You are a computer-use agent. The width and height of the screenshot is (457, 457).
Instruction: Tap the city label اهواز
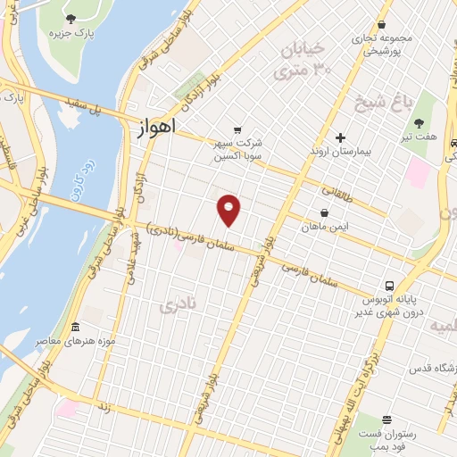point(158,129)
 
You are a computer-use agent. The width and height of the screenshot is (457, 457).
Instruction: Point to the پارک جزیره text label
point(72,35)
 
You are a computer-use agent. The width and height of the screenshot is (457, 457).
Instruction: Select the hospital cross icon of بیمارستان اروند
point(340,137)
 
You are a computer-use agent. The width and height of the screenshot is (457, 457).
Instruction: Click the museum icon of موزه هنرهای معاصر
point(75,327)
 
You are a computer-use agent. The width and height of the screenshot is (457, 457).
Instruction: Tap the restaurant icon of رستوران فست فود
point(386,420)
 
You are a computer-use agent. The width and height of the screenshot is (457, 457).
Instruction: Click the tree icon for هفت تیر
point(420,123)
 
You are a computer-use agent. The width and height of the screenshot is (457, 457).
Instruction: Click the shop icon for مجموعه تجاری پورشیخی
point(382,24)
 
